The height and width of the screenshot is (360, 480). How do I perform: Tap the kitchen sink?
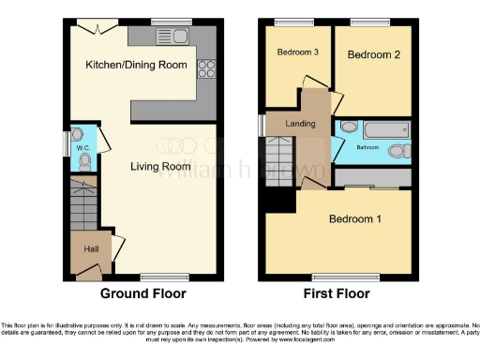tap(176, 37)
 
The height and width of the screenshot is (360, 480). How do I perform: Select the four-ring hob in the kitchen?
tap(205, 68)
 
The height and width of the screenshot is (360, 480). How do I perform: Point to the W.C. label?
tap(82, 148)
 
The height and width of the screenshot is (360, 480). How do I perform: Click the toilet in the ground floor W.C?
tap(86, 160)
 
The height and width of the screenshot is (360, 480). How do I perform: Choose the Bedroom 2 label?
tap(373, 55)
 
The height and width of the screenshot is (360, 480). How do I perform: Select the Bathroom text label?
tap(367, 147)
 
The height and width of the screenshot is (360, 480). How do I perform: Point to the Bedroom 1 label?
tap(354, 220)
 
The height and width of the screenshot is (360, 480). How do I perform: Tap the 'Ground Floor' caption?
tap(142, 293)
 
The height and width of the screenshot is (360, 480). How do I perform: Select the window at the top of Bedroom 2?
tap(370, 21)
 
